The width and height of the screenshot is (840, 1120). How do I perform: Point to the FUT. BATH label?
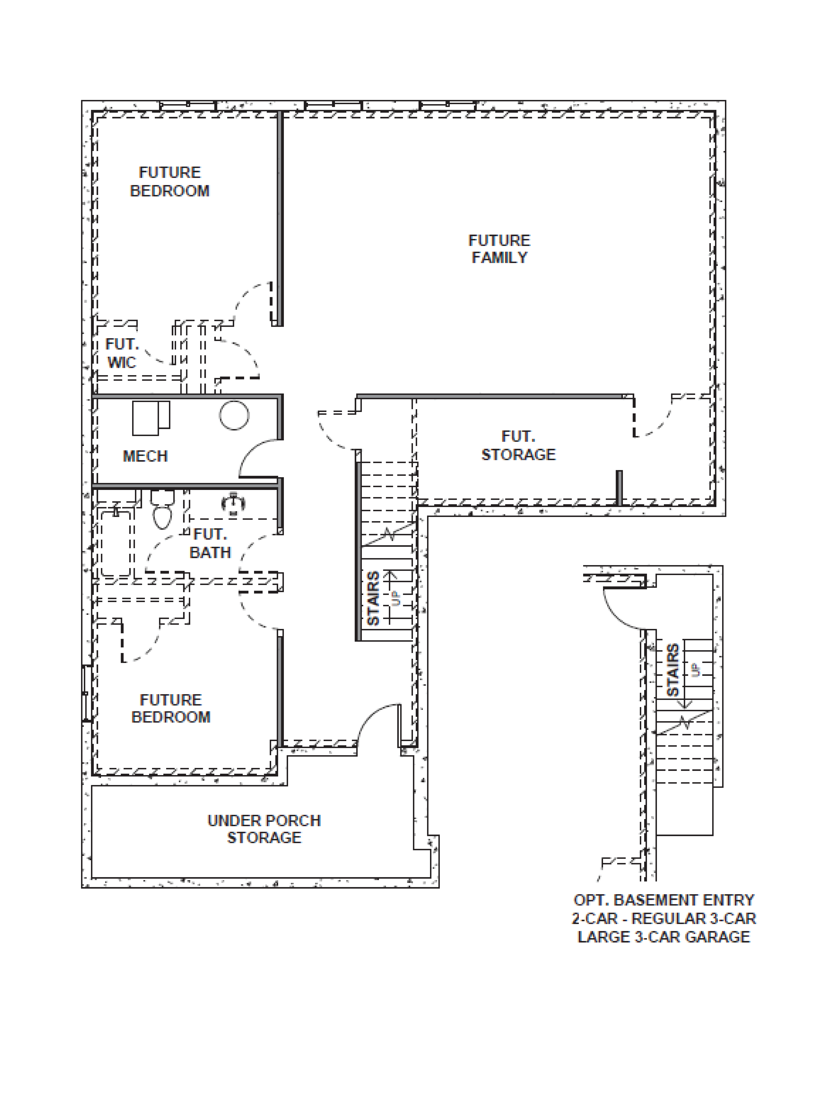pos(210,543)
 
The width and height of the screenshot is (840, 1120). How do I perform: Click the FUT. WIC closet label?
pos(121,353)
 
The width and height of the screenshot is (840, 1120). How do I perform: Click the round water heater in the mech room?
pos(234,415)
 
